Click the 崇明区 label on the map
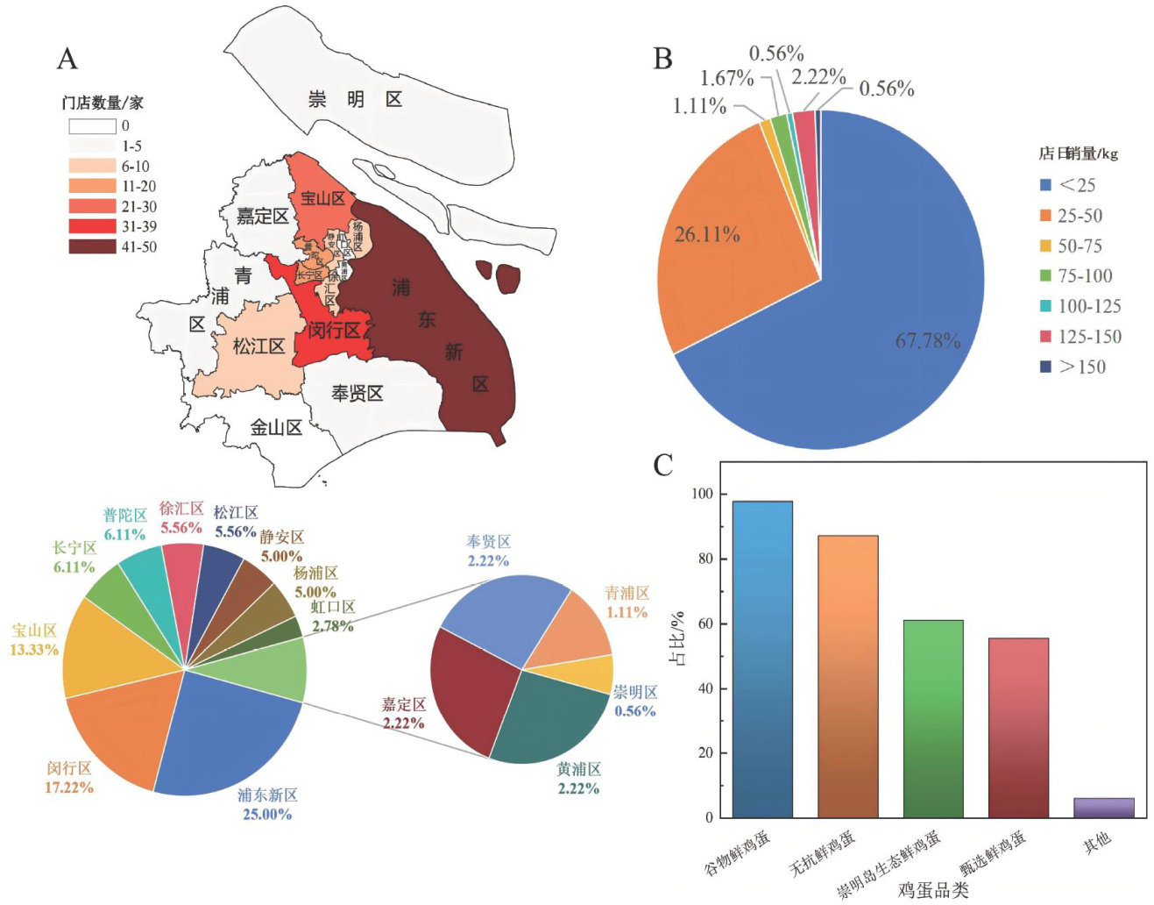click(x=355, y=99)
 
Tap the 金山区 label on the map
click(x=276, y=428)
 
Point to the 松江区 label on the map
click(x=258, y=346)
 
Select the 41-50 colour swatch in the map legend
click(x=92, y=246)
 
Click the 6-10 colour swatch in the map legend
click(x=92, y=166)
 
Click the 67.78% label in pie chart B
click(x=928, y=340)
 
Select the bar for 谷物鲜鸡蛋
click(x=761, y=658)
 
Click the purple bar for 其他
click(x=1103, y=808)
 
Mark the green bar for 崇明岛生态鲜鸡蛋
click(x=933, y=719)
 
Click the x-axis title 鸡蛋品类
click(x=932, y=890)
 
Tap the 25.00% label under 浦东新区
click(x=266, y=815)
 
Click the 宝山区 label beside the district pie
click(x=35, y=631)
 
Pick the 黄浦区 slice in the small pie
click(x=548, y=715)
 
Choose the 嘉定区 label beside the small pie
click(x=404, y=705)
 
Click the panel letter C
click(x=663, y=466)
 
